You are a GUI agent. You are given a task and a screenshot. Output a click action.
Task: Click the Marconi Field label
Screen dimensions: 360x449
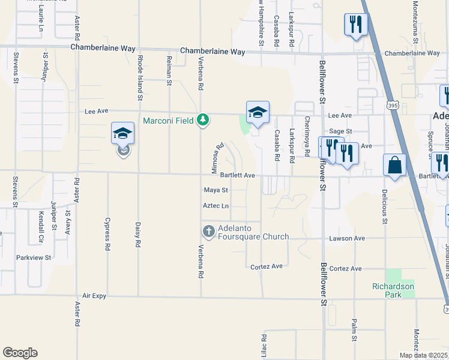coord(168,121)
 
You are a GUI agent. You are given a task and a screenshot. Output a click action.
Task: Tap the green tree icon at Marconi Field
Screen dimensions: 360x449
coord(203,121)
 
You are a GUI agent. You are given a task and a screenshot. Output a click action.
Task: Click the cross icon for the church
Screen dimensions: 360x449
coord(208,231)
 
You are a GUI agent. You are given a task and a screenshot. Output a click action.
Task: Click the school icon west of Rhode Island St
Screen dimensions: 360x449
coord(122,134)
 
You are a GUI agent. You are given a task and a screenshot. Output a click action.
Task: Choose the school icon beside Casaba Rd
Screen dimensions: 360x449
coord(258,112)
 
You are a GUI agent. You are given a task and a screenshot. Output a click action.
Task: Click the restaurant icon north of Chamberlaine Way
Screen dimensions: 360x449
coord(355,25)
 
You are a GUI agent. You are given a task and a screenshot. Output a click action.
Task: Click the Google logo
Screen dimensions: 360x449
coord(20,353)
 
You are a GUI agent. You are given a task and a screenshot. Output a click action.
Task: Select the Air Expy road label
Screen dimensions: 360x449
coord(94,296)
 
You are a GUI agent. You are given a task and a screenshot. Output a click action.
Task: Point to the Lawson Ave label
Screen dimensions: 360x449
coord(347,238)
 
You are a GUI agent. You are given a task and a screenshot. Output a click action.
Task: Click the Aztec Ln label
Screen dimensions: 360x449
coord(216,206)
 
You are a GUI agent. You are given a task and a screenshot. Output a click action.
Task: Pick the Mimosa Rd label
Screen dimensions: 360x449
coord(217,158)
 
